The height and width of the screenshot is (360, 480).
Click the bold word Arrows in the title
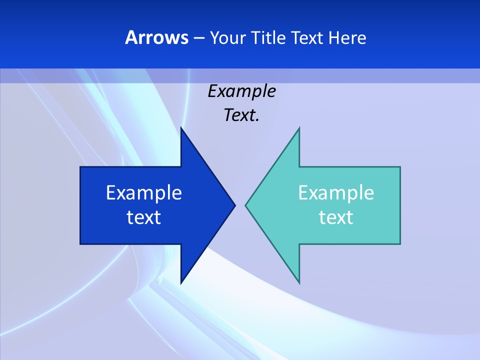(x=156, y=37)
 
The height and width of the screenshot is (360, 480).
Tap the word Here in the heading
(x=347, y=37)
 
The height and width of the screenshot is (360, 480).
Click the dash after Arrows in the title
(x=198, y=38)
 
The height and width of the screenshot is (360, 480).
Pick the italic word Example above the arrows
(x=241, y=91)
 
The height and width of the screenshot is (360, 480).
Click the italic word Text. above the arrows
(x=241, y=115)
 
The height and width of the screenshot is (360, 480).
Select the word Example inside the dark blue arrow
(x=144, y=192)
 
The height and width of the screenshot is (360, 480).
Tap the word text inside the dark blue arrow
(x=144, y=217)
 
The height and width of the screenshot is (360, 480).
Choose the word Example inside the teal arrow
(x=336, y=192)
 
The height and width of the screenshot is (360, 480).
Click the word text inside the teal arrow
(x=336, y=217)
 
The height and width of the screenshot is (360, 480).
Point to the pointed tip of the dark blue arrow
(x=235, y=205)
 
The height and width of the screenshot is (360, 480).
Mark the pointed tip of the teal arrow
(x=245, y=205)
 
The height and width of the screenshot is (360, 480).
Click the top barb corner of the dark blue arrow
(x=181, y=127)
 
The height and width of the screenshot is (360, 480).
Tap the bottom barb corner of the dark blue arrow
(x=181, y=283)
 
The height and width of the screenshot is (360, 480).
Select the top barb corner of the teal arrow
(x=299, y=127)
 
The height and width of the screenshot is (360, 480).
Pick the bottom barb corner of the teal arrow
(x=299, y=283)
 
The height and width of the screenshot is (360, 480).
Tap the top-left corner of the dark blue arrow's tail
(x=80, y=167)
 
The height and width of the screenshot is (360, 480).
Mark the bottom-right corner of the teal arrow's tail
(x=400, y=243)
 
